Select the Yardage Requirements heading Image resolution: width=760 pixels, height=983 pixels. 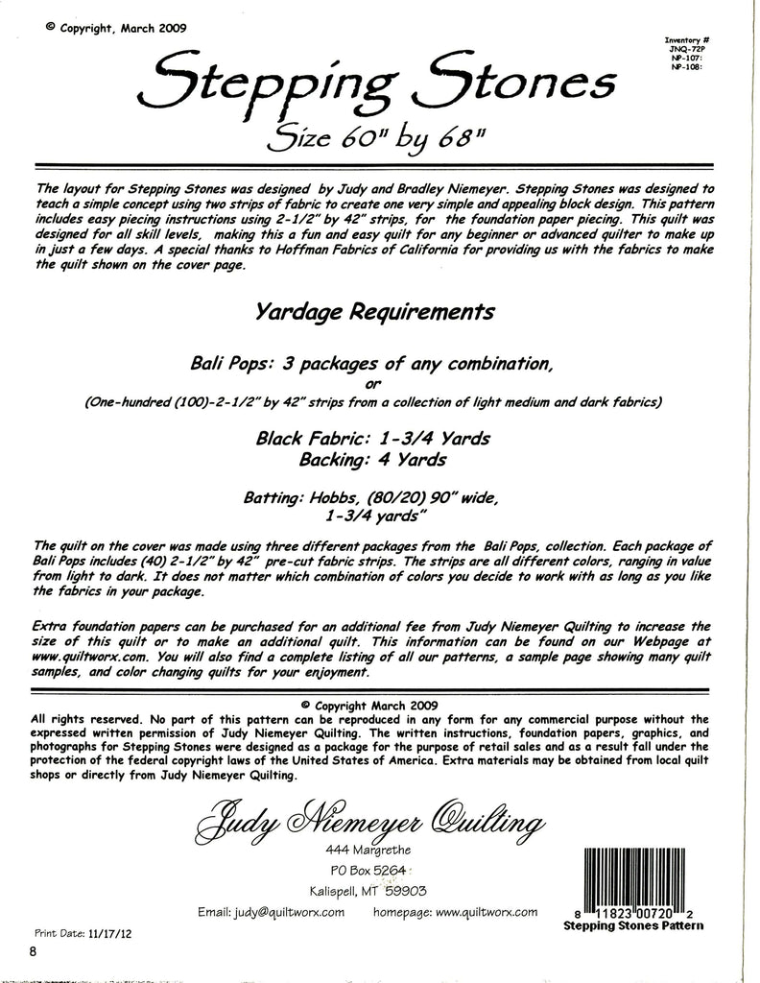pyautogui.click(x=375, y=312)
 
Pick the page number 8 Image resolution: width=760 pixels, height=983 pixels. pyautogui.click(x=33, y=952)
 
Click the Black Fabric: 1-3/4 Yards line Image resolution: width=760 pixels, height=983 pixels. pyautogui.click(x=373, y=439)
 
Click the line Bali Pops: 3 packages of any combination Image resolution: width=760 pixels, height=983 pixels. pyautogui.click(x=374, y=364)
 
